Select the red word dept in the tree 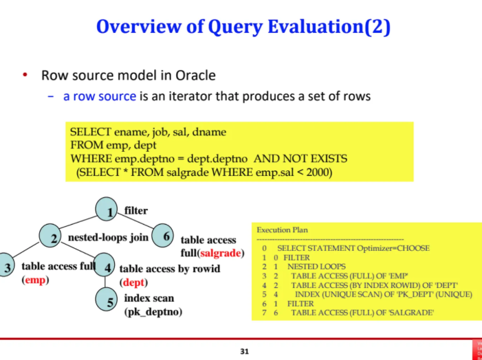135,282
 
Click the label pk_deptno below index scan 153,312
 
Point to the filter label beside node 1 136,210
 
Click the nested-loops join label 109,238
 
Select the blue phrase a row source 100,96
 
